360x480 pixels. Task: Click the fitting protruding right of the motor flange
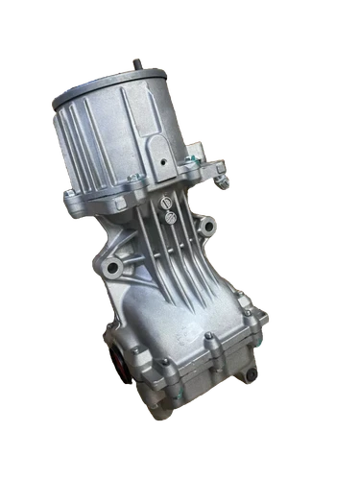coord(223,175)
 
